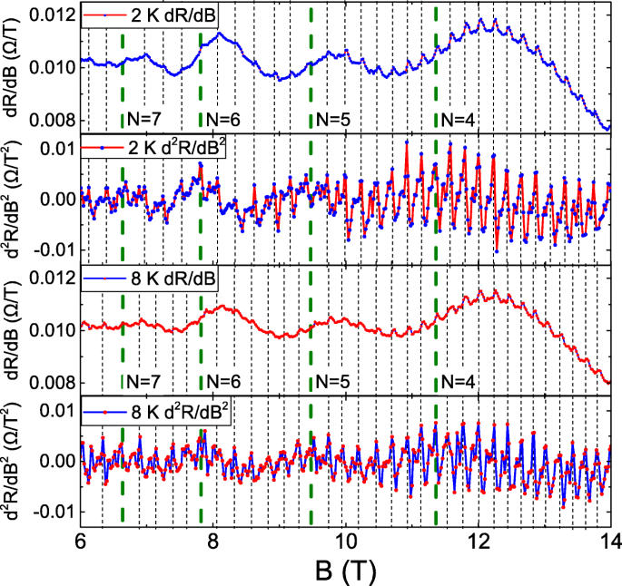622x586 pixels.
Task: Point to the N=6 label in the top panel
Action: tap(223, 118)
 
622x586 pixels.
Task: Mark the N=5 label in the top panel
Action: tap(332, 118)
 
